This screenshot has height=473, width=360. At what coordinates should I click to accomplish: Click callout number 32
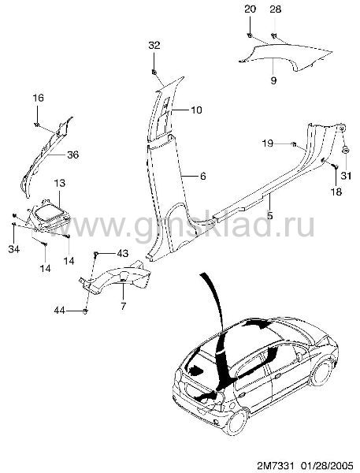pyautogui.click(x=154, y=45)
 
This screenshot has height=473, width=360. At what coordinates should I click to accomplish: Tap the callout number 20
pyautogui.click(x=250, y=9)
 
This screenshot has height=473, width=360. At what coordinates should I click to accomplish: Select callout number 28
pyautogui.click(x=275, y=9)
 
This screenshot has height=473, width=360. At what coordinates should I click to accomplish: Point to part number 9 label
pyautogui.click(x=273, y=80)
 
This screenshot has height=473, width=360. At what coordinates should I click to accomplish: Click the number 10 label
pyautogui.click(x=196, y=110)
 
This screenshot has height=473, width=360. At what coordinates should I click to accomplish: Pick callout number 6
pyautogui.click(x=203, y=176)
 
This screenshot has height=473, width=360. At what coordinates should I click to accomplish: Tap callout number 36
pyautogui.click(x=72, y=155)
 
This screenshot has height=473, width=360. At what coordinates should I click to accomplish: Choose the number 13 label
pyautogui.click(x=60, y=183)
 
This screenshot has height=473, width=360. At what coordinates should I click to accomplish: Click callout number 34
pyautogui.click(x=14, y=249)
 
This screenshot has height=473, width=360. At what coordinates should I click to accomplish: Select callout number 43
pyautogui.click(x=122, y=253)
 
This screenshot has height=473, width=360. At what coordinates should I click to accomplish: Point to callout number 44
pyautogui.click(x=60, y=310)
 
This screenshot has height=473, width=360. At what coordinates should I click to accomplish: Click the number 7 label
pyautogui.click(x=123, y=306)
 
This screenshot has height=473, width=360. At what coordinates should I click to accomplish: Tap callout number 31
pyautogui.click(x=346, y=175)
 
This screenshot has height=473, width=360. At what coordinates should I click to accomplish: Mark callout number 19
pyautogui.click(x=267, y=143)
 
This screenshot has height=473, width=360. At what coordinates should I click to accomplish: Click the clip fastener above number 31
pyautogui.click(x=346, y=150)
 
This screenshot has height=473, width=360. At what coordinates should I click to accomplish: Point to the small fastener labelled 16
pyautogui.click(x=37, y=125)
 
